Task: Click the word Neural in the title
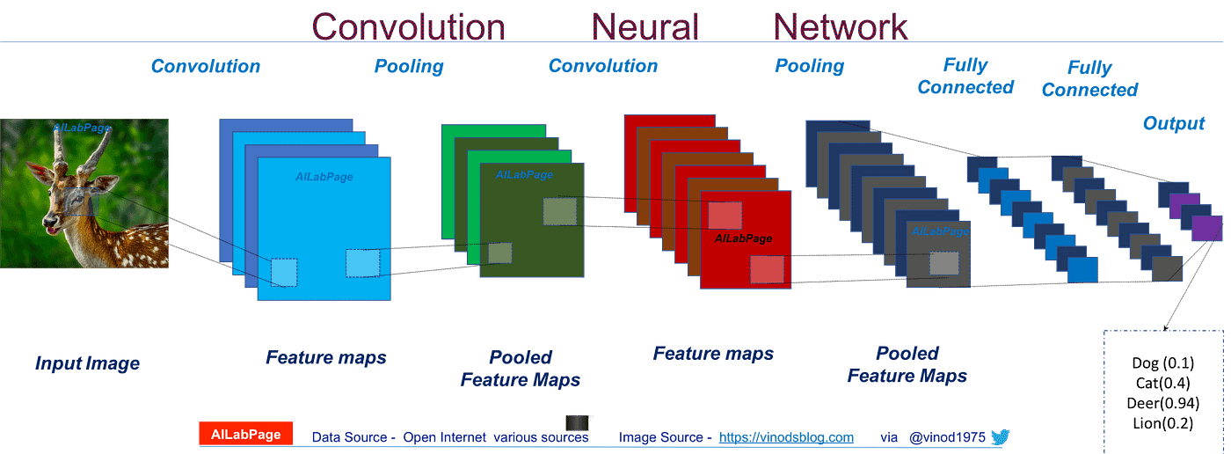645,26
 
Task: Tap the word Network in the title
840,26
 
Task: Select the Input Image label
87,362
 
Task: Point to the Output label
1173,124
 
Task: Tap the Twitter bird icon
1001,436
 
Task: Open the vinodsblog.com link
786,437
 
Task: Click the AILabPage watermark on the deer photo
82,128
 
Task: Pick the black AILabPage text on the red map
743,238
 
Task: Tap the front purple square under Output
1206,227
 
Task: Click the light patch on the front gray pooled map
943,263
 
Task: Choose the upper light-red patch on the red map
725,215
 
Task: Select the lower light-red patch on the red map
766,269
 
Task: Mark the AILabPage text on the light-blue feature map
324,177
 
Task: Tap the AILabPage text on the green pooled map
524,175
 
